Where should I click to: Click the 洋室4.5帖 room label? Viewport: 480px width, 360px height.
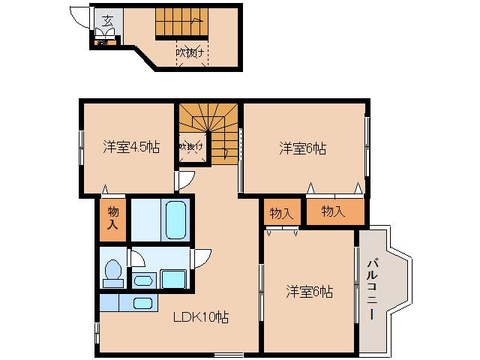(131, 147)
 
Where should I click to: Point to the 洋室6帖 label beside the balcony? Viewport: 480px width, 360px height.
(310, 292)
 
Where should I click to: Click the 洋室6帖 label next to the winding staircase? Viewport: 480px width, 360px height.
(303, 148)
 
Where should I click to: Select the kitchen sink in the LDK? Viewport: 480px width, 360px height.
(141, 304)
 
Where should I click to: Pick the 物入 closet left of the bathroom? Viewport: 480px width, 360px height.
(112, 218)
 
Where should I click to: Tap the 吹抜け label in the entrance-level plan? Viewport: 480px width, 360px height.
(191, 52)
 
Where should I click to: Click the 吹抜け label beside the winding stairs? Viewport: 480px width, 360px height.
(188, 147)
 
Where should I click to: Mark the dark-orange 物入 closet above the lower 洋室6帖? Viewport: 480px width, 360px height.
(280, 213)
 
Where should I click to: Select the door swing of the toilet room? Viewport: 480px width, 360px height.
(137, 256)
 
